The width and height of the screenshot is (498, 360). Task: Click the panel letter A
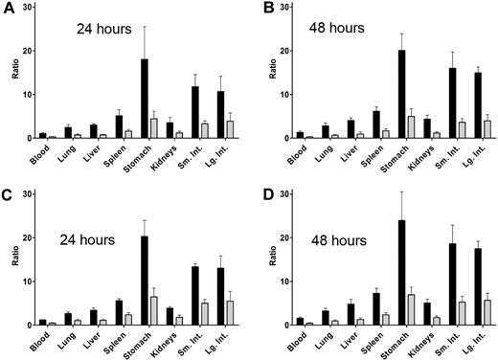point(9,10)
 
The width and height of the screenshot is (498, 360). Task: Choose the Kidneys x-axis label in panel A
point(169,160)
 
